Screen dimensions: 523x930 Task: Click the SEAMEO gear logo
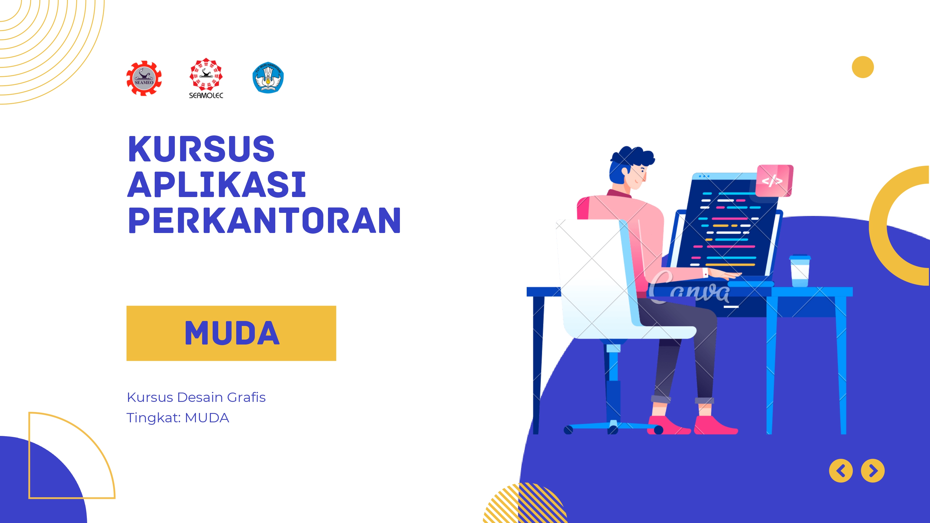click(144, 78)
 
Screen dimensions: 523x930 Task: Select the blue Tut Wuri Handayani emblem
click(268, 77)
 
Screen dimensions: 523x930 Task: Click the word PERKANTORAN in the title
click(264, 221)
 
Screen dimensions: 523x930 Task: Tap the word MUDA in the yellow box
click(232, 333)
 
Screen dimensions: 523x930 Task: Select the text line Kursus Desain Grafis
click(196, 397)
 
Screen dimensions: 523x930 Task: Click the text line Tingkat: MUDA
click(178, 418)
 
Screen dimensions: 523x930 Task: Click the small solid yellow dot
click(862, 67)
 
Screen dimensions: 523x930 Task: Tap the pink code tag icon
click(774, 180)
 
